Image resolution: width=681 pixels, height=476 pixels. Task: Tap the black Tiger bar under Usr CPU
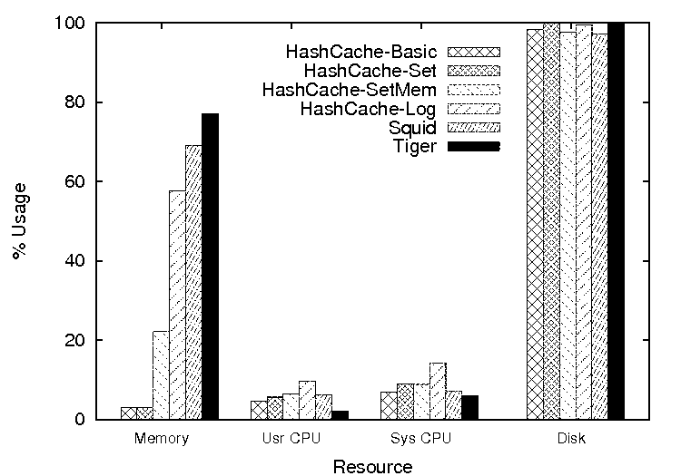pos(340,415)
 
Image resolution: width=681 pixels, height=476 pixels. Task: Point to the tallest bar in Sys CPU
pos(438,391)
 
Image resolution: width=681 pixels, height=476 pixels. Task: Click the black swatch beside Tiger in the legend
pos(474,146)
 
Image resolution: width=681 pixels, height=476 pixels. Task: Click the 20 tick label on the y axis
pos(76,340)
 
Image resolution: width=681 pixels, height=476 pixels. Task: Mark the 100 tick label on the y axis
pos(73,23)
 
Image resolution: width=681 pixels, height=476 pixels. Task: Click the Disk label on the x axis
pos(574,440)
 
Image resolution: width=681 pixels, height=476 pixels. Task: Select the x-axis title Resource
pos(372,467)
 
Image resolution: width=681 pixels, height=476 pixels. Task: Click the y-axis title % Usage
pos(20,221)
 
